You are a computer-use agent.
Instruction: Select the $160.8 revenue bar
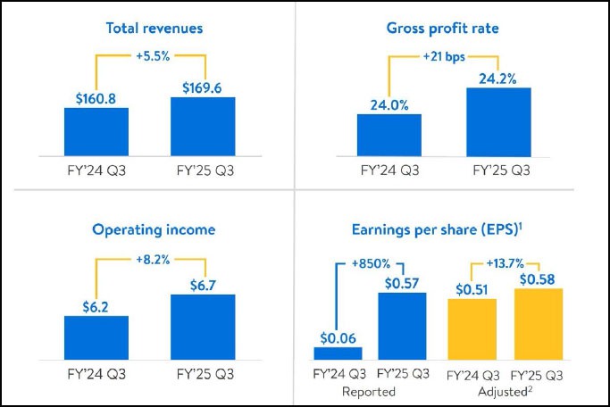click(96, 133)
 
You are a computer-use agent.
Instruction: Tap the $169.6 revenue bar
click(203, 128)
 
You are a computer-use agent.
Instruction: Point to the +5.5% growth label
click(150, 55)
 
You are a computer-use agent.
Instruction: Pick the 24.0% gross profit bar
click(389, 137)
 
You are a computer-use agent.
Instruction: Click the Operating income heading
click(154, 229)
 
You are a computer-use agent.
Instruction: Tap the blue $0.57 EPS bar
click(401, 326)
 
